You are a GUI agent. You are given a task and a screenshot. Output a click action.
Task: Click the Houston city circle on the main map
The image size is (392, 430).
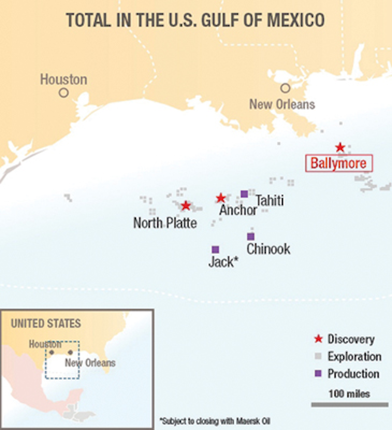tap(63, 93)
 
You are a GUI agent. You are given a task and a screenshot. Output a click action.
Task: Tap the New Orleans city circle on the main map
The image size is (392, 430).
tap(285, 88)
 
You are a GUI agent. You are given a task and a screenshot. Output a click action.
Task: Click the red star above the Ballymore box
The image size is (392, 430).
tap(340, 147)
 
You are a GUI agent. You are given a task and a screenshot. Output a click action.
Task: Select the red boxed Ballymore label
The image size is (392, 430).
tap(339, 163)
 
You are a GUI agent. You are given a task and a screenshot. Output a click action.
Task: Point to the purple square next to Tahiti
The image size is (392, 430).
tap(244, 194)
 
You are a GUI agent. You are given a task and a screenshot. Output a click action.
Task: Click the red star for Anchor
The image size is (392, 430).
tap(220, 198)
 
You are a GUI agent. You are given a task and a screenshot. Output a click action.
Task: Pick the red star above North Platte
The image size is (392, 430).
tap(186, 205)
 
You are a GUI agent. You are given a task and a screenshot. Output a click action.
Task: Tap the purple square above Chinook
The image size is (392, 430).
tap(251, 237)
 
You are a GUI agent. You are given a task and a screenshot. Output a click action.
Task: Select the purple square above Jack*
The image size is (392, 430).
tap(215, 249)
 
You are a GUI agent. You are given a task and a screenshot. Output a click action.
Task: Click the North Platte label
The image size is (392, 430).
tap(165, 223)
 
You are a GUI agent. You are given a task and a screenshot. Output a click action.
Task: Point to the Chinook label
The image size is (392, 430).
tap(268, 249)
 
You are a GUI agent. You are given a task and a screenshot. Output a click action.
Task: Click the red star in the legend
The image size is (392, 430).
tap(318, 339)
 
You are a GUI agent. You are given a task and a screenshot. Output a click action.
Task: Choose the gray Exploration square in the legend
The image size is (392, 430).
tap(318, 356)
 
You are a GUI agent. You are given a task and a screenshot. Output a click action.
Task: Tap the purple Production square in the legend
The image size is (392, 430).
tap(318, 373)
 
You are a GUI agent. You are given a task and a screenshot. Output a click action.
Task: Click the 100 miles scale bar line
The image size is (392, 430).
tap(350, 405)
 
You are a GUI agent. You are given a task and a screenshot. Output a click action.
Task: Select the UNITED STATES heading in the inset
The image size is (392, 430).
tap(46, 323)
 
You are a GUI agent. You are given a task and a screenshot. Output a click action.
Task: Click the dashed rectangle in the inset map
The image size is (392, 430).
tap(62, 378)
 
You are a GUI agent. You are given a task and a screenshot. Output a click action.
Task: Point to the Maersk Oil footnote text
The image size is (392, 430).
tap(215, 421)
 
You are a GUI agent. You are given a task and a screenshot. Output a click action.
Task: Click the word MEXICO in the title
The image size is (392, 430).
tap(296, 20)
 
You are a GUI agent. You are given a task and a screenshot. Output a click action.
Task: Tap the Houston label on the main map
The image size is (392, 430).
tap(64, 79)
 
